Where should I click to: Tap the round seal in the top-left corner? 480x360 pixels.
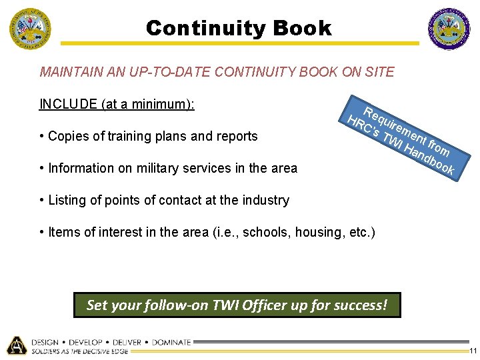pyautogui.click(x=29, y=29)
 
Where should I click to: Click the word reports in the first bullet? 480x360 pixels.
pyautogui.click(x=236, y=136)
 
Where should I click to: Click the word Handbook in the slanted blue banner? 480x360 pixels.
pyautogui.click(x=430, y=161)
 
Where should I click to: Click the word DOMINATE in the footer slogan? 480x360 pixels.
pyautogui.click(x=170, y=342)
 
